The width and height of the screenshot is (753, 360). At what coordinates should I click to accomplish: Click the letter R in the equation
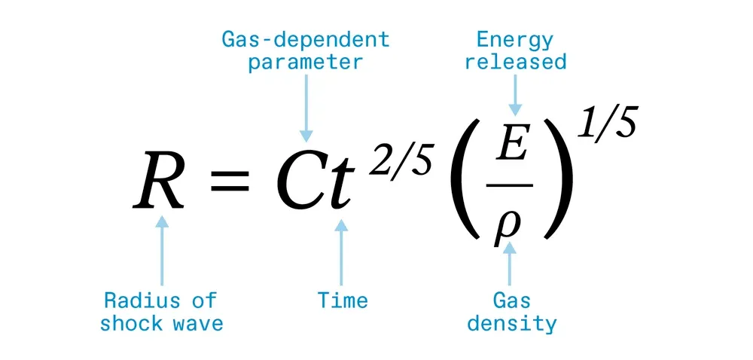point(160,182)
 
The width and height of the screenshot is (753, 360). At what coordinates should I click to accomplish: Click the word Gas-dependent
point(305,40)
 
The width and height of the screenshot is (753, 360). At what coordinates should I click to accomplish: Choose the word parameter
point(305,62)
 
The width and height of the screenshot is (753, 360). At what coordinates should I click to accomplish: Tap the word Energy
point(515,40)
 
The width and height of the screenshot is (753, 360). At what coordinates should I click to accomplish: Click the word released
point(515,62)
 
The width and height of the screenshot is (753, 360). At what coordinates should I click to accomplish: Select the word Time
point(343,301)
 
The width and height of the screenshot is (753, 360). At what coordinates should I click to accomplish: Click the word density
point(512,325)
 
